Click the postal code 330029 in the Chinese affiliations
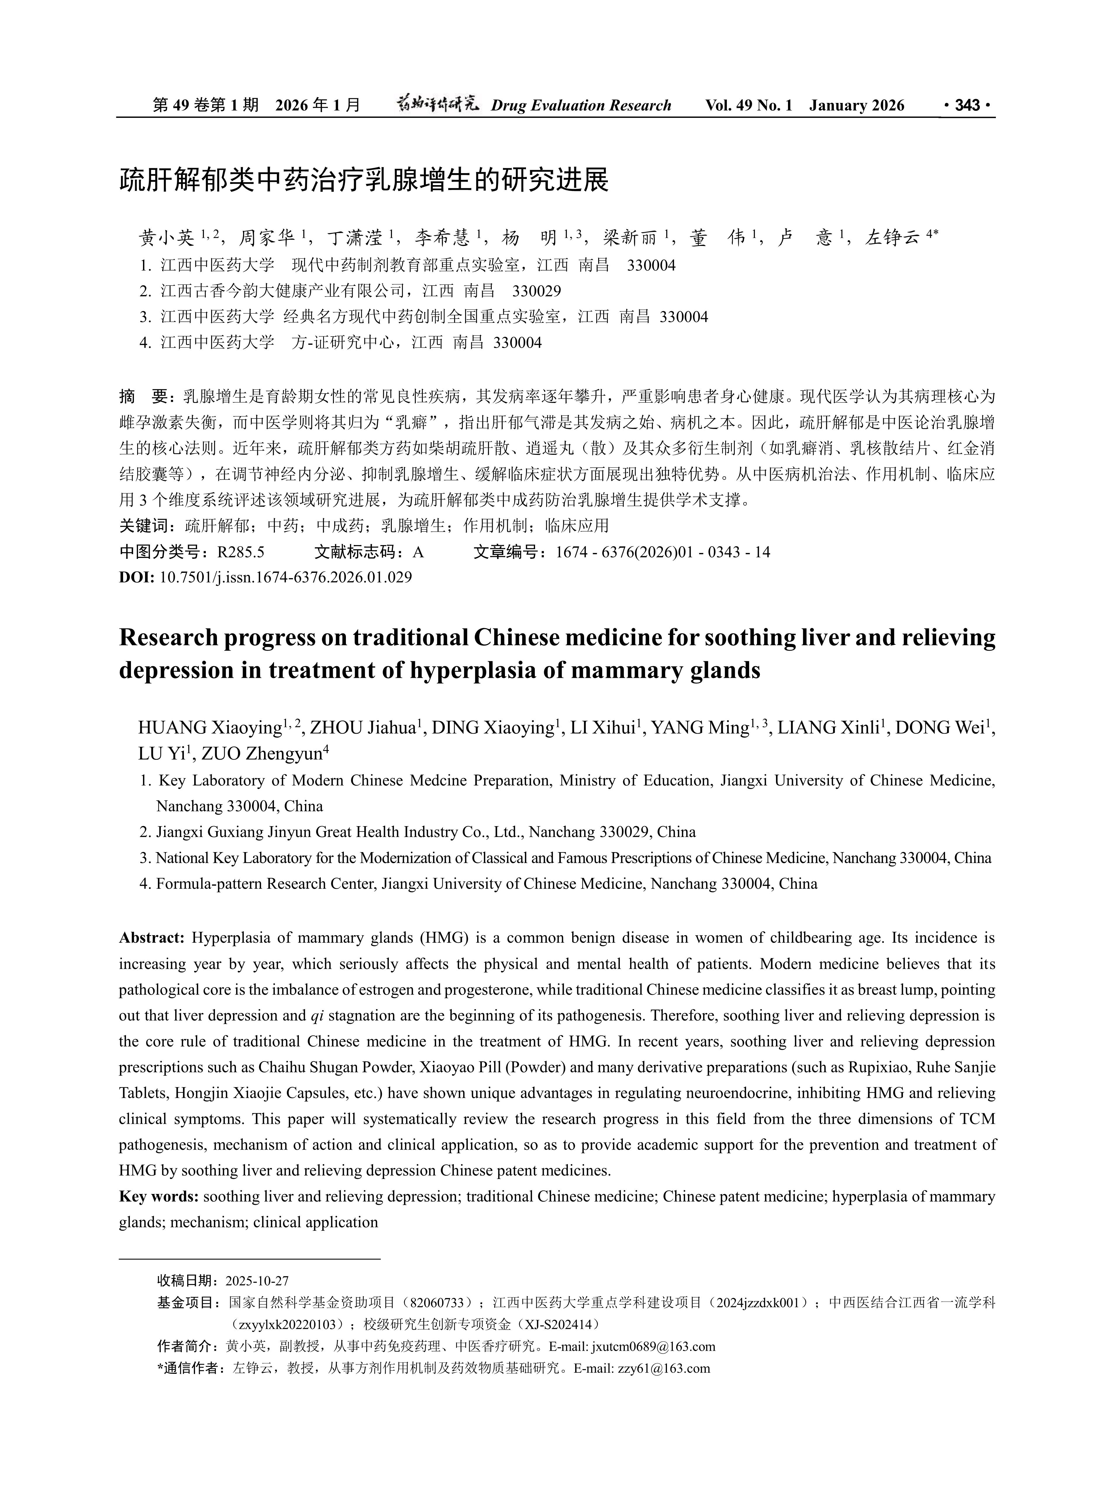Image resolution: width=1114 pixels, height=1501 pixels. pos(537,291)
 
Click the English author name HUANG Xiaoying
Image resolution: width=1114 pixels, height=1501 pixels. pos(209,728)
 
